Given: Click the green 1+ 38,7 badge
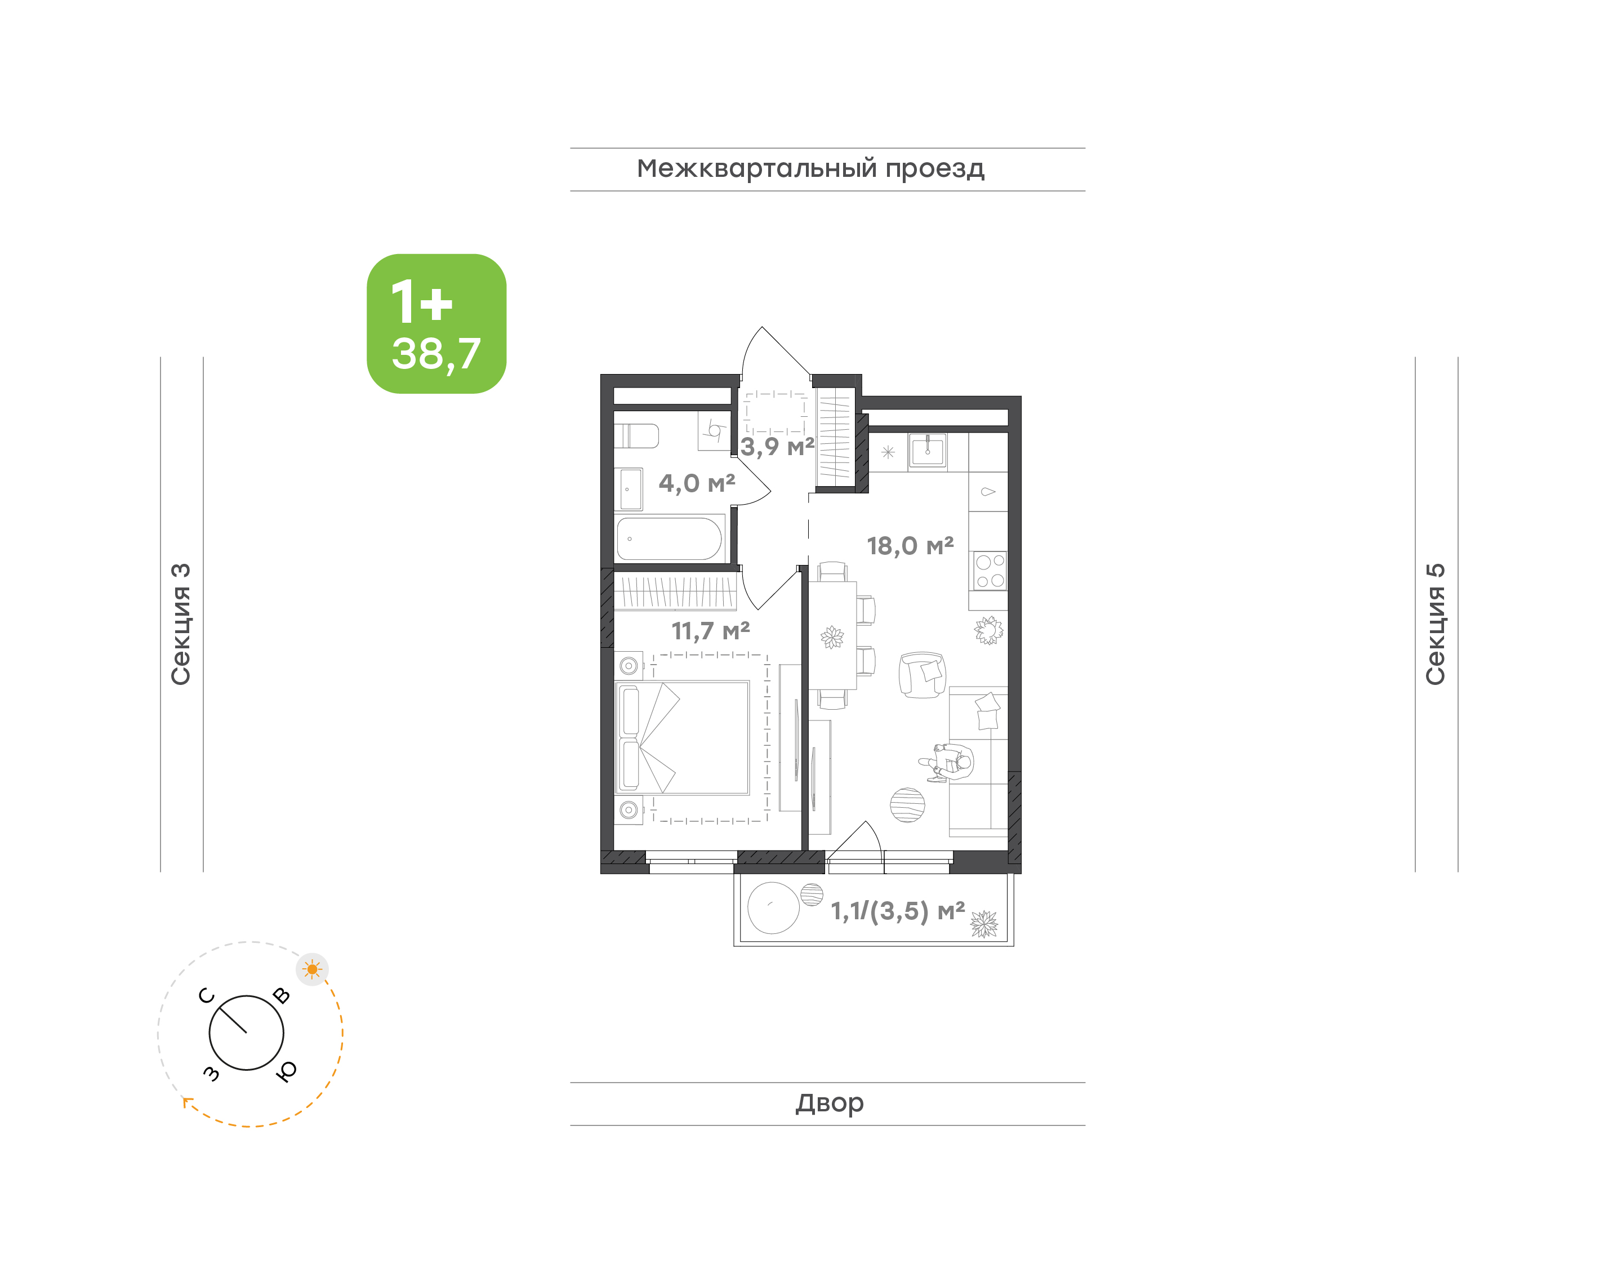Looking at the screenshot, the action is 436,323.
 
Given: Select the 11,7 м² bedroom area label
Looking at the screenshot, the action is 710,631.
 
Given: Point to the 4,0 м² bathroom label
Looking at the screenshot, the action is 697,484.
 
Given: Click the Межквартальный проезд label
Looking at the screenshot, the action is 810,169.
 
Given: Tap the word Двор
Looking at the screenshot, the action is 829,1102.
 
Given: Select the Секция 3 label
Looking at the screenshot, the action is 181,624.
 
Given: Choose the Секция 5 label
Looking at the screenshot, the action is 1435,624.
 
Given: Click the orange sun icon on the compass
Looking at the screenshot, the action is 312,969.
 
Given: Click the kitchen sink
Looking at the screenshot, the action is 928,451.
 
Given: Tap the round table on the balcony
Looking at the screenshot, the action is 773,908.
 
